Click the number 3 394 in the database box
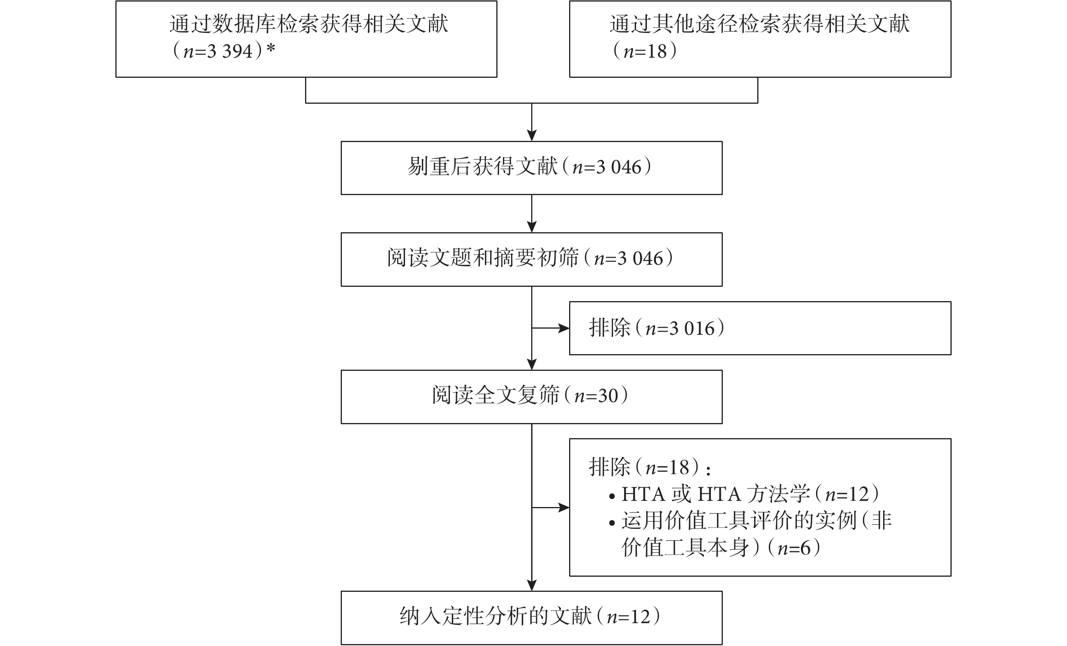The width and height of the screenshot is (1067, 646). click(230, 51)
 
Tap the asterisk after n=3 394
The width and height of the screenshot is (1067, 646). click(271, 48)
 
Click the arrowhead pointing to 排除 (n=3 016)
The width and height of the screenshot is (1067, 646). click(564, 328)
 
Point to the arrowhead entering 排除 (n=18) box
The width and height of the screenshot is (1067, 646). click(564, 507)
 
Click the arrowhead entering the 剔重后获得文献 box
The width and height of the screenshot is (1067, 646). click(532, 135)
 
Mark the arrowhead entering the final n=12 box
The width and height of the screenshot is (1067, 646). click(532, 585)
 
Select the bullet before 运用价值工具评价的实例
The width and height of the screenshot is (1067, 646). click(612, 523)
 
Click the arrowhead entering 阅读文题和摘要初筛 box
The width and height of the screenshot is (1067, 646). click(532, 227)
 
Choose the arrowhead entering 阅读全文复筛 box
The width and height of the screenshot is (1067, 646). click(532, 364)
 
